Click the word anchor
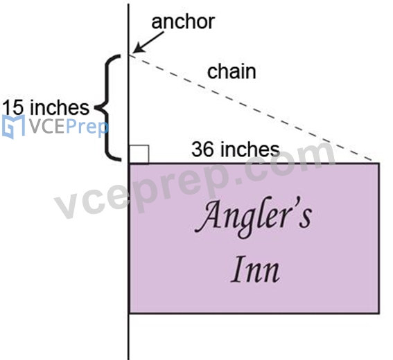pyautogui.click(x=183, y=21)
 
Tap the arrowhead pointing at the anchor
pyautogui.click(x=138, y=48)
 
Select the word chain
pyautogui.click(x=232, y=71)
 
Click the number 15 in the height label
pyautogui.click(x=12, y=107)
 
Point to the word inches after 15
pyautogui.click(x=59, y=107)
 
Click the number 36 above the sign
pyautogui.click(x=202, y=150)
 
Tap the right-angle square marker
pyautogui.click(x=139, y=154)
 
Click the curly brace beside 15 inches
pyautogui.click(x=108, y=107)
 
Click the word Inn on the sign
pyautogui.click(x=255, y=269)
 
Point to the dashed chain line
pyautogui.click(x=251, y=107)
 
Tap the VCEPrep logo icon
pyautogui.click(x=13, y=127)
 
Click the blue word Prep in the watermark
pyautogui.click(x=87, y=127)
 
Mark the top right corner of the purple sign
pyautogui.click(x=379, y=163)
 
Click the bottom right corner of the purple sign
pyautogui.click(x=379, y=313)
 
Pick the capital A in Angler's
pyautogui.click(x=207, y=217)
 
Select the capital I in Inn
pyautogui.click(x=238, y=269)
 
